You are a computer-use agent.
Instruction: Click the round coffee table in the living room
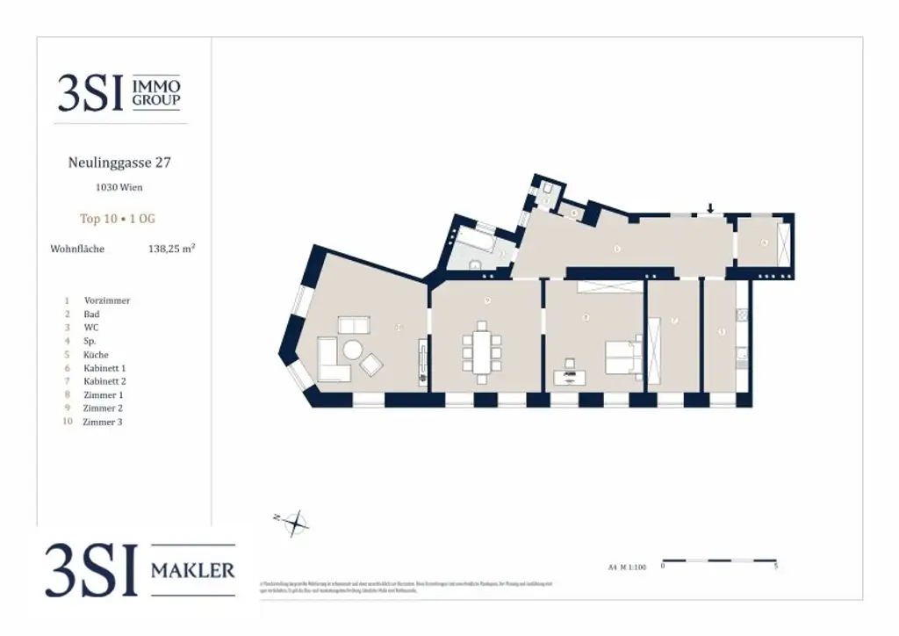pos(352,350)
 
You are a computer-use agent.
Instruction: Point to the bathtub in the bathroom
pos(475,240)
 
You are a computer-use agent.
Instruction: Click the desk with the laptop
pos(572,376)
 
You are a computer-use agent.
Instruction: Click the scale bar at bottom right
pos(718,560)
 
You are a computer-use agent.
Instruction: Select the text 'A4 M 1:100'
pos(626,567)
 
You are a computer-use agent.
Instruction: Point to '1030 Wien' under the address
pos(119,187)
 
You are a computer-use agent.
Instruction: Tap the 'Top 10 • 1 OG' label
pos(118,219)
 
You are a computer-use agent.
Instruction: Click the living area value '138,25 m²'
pos(171,249)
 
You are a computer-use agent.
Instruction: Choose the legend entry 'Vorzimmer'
pos(107,300)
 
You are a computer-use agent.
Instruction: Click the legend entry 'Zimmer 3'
pos(103,423)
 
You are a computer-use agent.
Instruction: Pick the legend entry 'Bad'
pos(91,314)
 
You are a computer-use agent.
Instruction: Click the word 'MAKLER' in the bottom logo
pos(193,571)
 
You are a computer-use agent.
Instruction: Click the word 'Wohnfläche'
pos(77,249)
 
